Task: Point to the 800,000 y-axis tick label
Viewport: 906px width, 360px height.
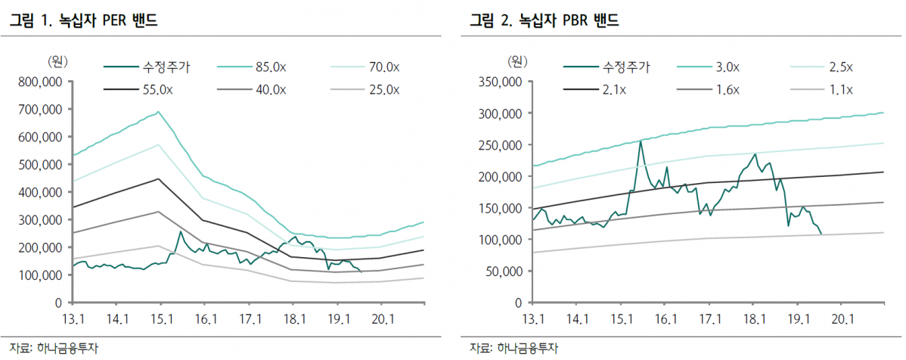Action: click(42, 81)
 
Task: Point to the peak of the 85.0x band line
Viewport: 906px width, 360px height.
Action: click(158, 112)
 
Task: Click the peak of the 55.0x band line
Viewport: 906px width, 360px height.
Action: click(158, 179)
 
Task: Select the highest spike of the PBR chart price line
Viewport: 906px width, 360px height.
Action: click(641, 141)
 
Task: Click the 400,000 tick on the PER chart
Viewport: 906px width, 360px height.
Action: click(42, 192)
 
